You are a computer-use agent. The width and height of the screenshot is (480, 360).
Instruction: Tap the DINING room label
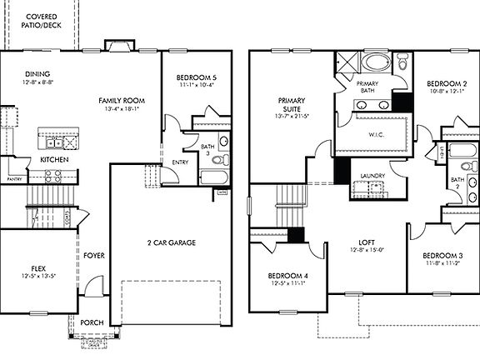[38, 73]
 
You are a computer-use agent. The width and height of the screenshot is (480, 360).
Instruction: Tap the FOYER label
[93, 255]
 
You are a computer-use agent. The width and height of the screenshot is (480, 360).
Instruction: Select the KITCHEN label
[54, 159]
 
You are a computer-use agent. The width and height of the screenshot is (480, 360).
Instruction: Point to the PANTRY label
[13, 178]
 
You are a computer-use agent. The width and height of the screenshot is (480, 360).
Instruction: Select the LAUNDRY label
[372, 175]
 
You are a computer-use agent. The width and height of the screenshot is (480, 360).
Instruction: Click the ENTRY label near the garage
[180, 162]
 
